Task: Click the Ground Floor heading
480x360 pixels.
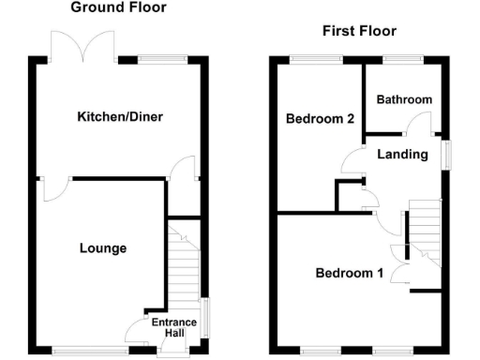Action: click(118, 7)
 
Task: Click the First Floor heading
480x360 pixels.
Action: click(359, 31)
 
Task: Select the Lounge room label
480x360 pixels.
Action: click(102, 248)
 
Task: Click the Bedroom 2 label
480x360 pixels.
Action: click(320, 119)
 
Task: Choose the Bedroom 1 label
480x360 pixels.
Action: click(349, 274)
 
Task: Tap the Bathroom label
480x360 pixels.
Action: click(404, 99)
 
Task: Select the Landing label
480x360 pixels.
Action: click(404, 154)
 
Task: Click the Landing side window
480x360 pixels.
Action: click(446, 155)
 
